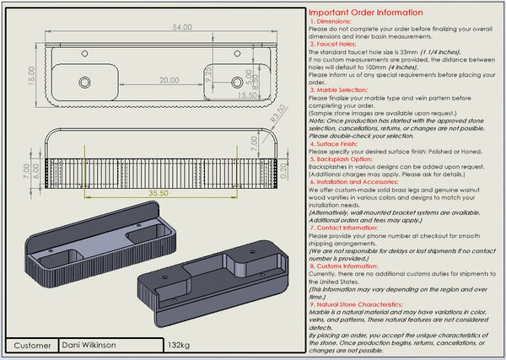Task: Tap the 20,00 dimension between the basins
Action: click(x=168, y=79)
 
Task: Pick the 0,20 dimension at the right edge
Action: click(x=283, y=171)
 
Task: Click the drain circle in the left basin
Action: click(x=85, y=82)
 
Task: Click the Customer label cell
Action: click(x=33, y=346)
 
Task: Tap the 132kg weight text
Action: click(x=179, y=346)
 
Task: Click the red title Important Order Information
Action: click(x=365, y=13)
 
